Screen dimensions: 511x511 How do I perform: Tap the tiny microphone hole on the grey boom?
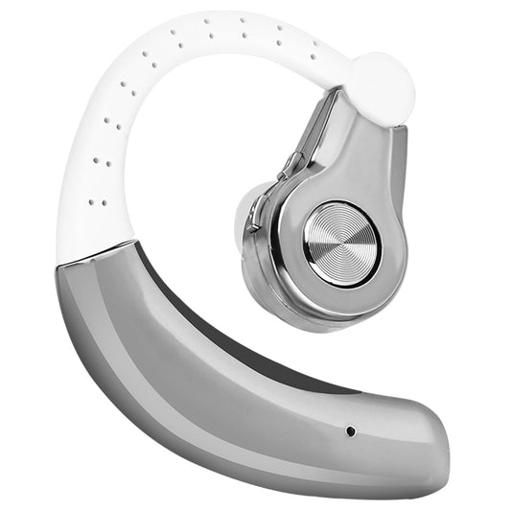350,430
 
